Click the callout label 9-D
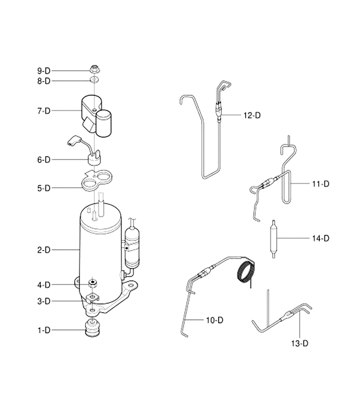tap(44, 71)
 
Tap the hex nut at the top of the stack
tap(95, 69)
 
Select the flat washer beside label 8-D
tap(94, 80)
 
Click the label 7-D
tap(44, 111)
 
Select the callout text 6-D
tap(44, 160)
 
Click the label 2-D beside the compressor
tap(44, 250)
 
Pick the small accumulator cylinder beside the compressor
tap(132, 247)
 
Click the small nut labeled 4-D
tap(93, 283)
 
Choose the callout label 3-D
tap(44, 301)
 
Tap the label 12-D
tap(252, 115)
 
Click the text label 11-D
tap(321, 184)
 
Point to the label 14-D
tap(321, 238)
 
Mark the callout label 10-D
tap(215, 320)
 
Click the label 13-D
tap(300, 343)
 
